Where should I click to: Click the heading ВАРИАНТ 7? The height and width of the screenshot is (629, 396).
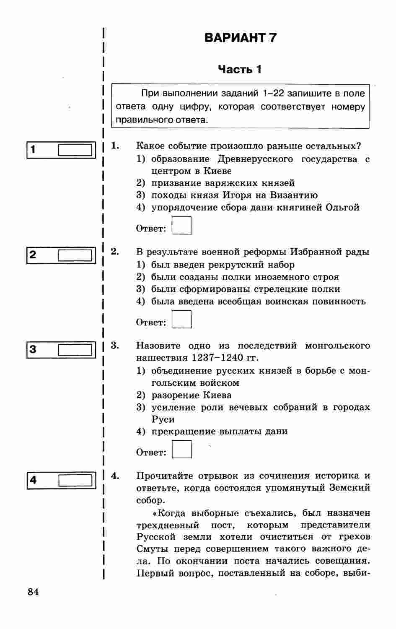241,38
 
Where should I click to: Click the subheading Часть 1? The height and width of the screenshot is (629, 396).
240,69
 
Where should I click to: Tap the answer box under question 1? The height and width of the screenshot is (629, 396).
181,226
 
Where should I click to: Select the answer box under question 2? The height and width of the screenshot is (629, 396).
181,320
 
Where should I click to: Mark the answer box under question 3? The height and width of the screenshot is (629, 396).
181,450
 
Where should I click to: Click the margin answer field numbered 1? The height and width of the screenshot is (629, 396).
75,150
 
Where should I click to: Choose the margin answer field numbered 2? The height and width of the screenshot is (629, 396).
75,255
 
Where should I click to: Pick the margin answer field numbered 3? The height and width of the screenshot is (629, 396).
75,349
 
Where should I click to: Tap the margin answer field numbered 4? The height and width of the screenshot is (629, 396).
75,480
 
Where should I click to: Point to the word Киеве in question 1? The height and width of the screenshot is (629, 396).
217,171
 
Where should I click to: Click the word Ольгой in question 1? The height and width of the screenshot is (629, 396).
342,208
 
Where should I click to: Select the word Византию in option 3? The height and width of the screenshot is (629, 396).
294,195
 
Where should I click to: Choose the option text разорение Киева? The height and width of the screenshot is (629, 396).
192,395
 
